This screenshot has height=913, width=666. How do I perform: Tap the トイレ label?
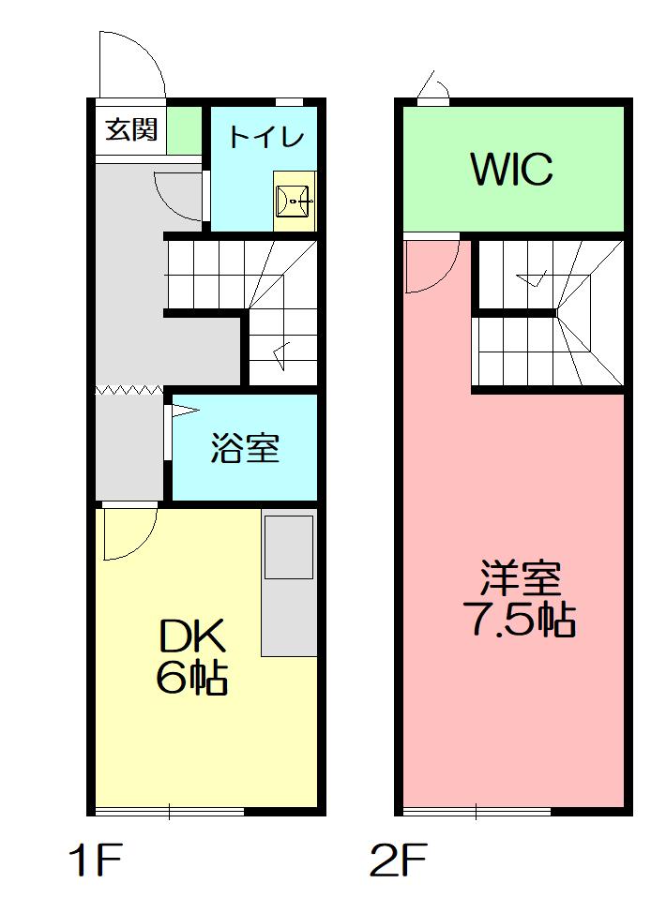point(265,136)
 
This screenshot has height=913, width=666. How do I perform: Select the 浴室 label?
point(245,448)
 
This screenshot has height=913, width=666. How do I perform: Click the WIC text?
point(511,169)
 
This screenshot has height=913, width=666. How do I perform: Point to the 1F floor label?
point(96,860)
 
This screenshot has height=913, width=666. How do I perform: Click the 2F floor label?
point(400,860)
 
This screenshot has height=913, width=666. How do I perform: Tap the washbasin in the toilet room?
point(295,201)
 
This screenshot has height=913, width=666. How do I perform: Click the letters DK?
point(192,636)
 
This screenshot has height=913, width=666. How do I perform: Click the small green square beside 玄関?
point(184,130)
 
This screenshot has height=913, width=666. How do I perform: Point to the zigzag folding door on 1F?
point(129,390)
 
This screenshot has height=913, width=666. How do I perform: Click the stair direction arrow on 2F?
point(532,279)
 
